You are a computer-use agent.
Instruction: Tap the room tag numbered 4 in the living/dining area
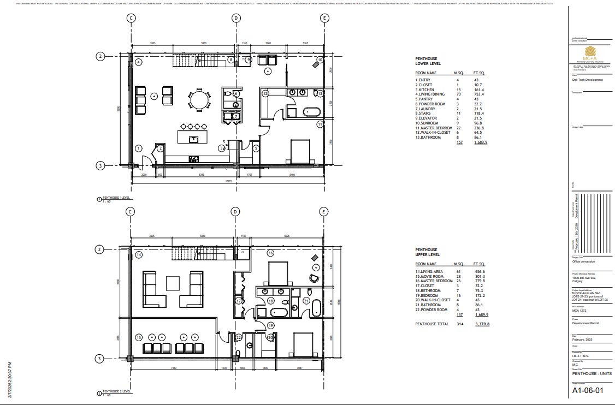[139, 62]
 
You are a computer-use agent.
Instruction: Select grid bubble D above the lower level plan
[236, 18]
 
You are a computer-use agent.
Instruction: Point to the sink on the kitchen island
[193, 139]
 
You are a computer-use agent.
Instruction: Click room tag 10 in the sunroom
[320, 59]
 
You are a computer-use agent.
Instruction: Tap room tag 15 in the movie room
[139, 337]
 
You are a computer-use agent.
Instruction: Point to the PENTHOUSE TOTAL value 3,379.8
[481, 324]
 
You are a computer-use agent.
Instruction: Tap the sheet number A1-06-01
[588, 391]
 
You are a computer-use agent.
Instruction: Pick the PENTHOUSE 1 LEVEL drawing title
[117, 198]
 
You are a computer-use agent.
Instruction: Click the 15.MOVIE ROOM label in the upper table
[430, 276]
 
